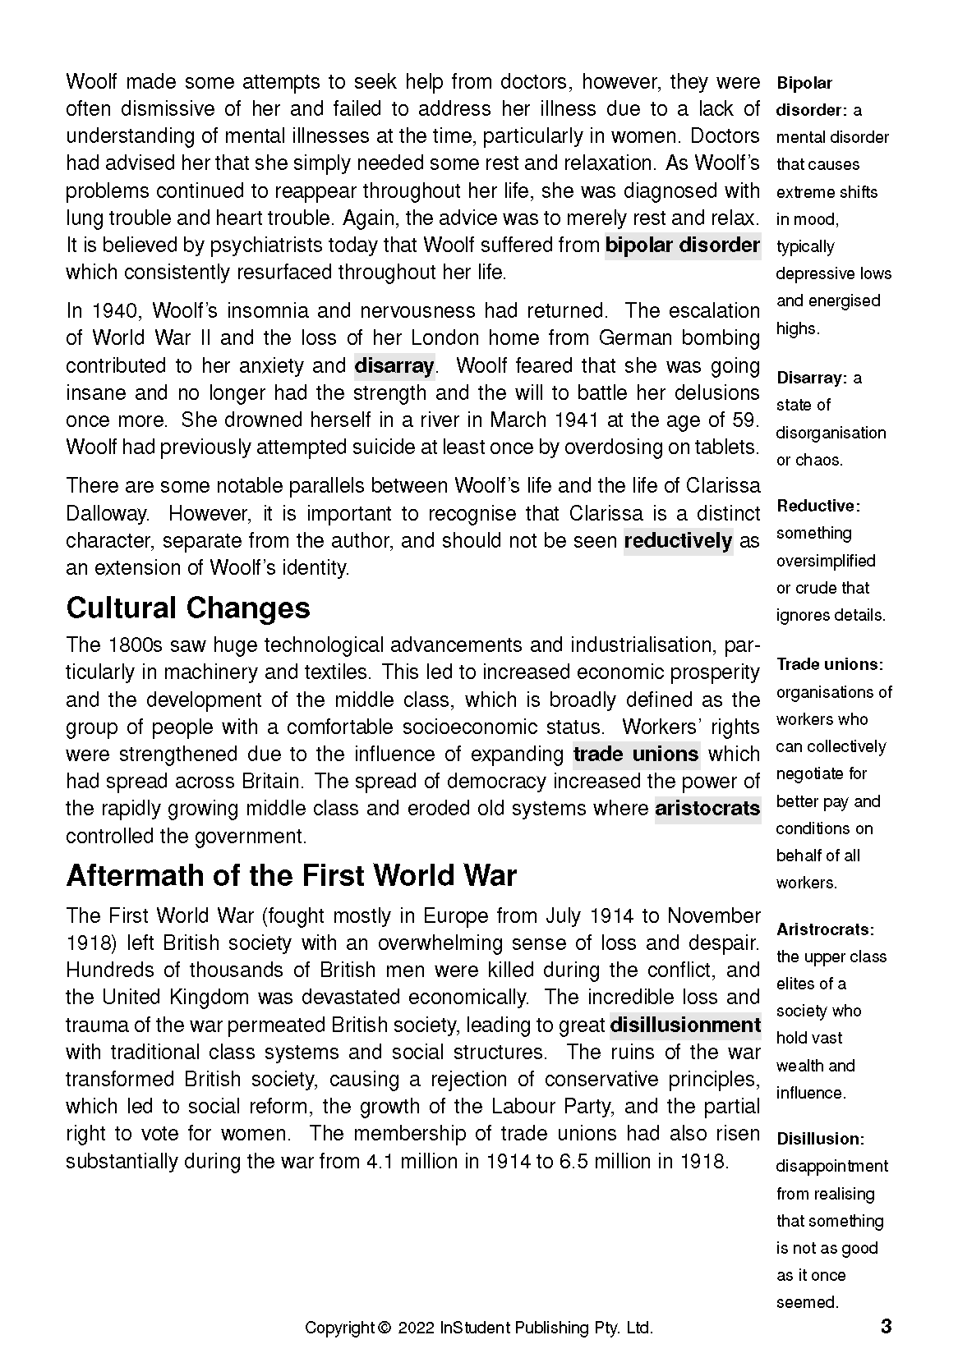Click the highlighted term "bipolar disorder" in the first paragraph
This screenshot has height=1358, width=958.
coord(682,245)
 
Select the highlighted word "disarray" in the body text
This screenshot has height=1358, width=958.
coord(394,365)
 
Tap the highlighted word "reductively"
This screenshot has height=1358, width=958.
coord(678,540)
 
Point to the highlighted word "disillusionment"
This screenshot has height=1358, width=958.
coord(685,1025)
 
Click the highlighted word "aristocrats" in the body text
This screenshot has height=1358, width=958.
coord(707,809)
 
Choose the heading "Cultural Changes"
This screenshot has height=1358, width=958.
coord(188,608)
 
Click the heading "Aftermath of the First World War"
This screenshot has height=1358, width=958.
coord(291,876)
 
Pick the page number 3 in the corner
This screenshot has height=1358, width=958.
coord(886,1326)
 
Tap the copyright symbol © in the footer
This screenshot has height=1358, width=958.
coord(384,1328)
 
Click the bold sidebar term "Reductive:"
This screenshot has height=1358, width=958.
coord(818,506)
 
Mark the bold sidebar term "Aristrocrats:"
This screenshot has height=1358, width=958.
coord(825,929)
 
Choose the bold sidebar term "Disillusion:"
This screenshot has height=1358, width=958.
coord(820,1139)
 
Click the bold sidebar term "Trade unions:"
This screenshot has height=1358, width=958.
coord(830,664)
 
